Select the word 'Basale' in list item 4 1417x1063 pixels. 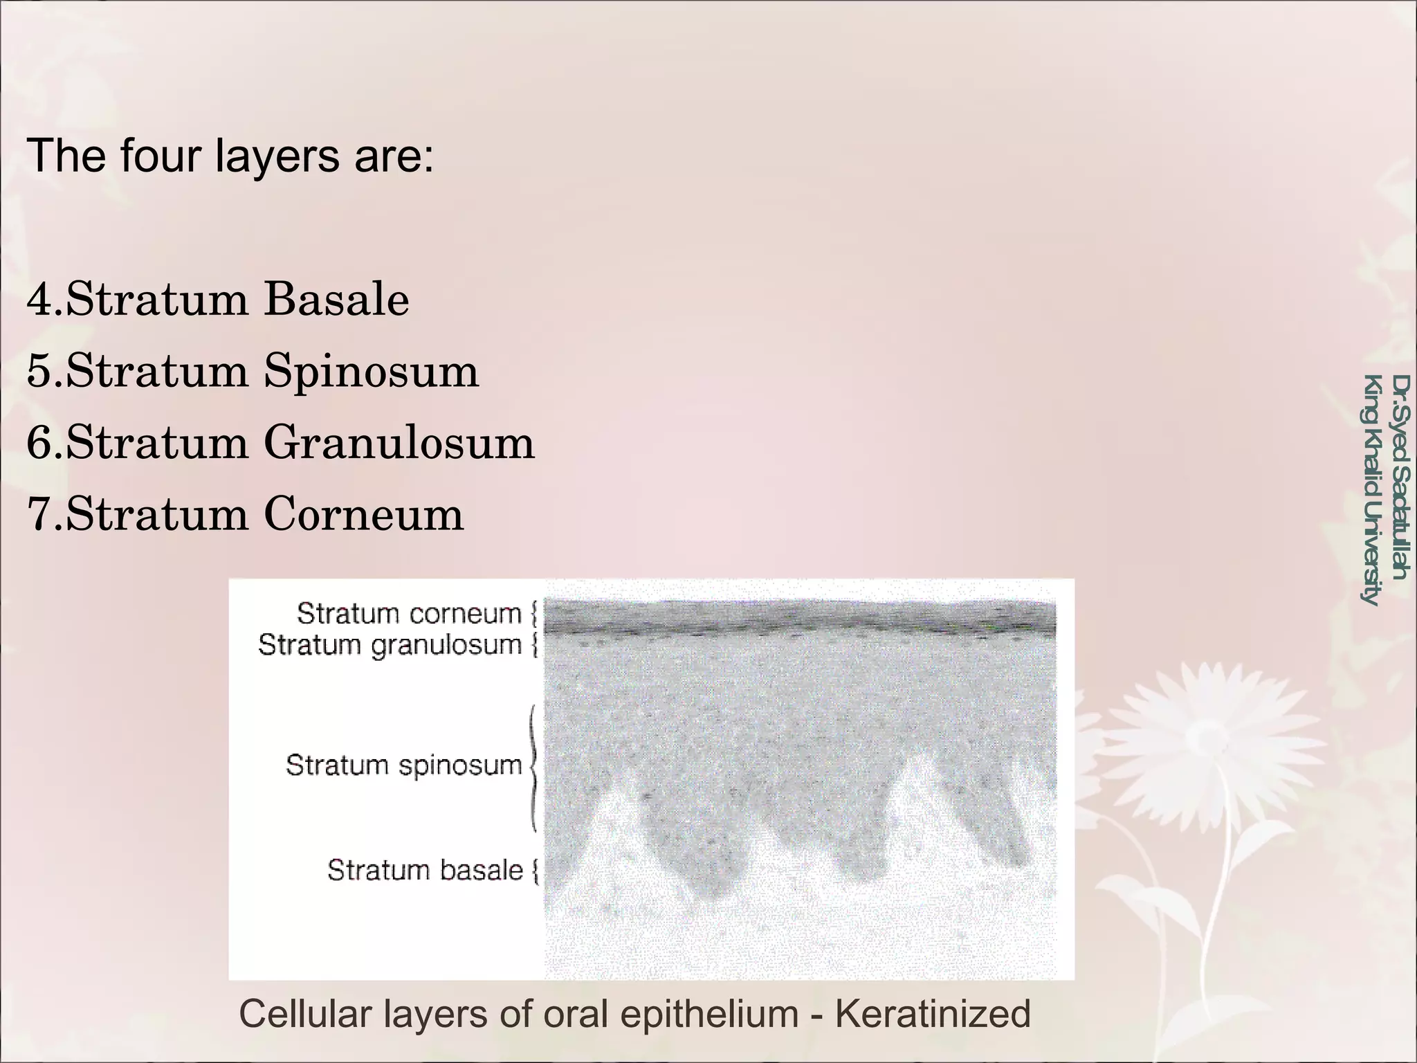pyautogui.click(x=337, y=300)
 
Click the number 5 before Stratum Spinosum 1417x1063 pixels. pyautogui.click(x=39, y=371)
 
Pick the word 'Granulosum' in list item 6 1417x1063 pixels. pyautogui.click(x=399, y=443)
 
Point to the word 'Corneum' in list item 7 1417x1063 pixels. pyautogui.click(x=363, y=514)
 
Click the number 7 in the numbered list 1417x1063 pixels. pyautogui.click(x=39, y=514)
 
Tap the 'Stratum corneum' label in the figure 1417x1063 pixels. pyautogui.click(x=409, y=613)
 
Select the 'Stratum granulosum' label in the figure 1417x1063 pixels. pyautogui.click(x=390, y=645)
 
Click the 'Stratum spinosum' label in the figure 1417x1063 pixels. pyautogui.click(x=403, y=765)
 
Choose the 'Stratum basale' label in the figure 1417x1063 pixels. pyautogui.click(x=425, y=870)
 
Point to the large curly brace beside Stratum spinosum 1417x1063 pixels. pyautogui.click(x=532, y=767)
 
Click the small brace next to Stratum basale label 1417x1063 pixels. pyautogui.click(x=535, y=871)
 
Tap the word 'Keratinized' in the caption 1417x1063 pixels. pyautogui.click(x=933, y=1014)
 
